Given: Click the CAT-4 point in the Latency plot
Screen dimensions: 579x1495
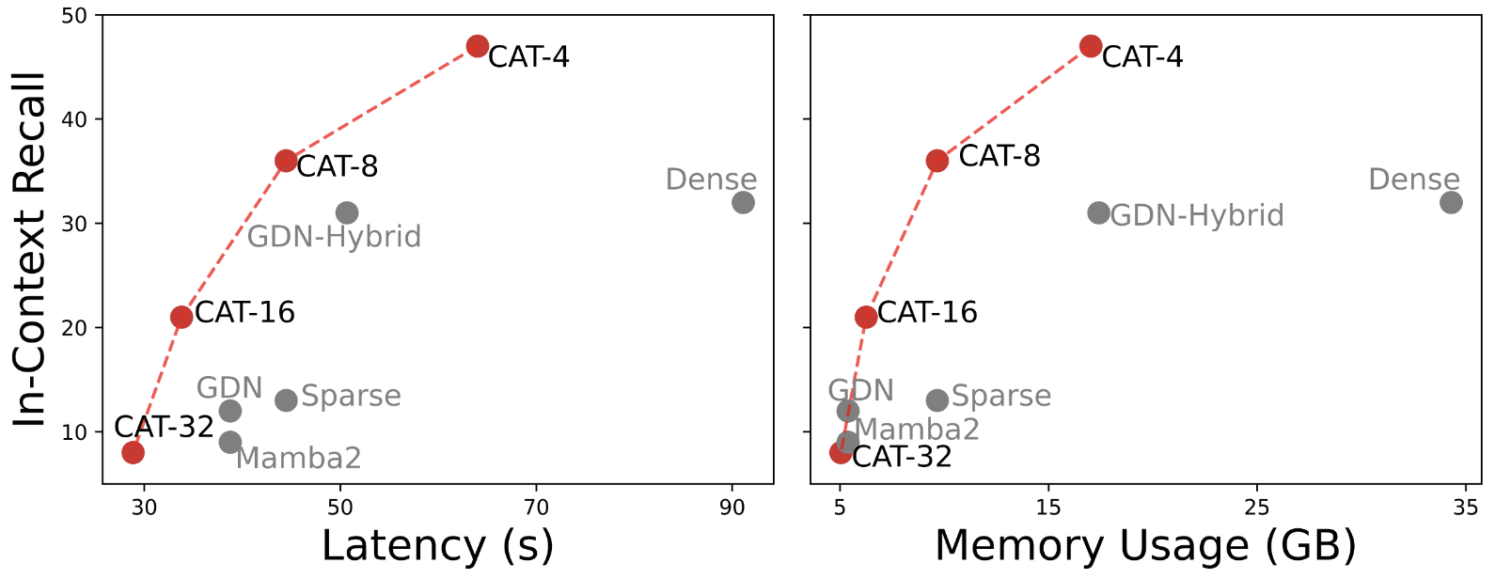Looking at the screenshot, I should click(x=478, y=46).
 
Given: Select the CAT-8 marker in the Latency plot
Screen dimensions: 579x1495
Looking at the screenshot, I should click(x=286, y=161).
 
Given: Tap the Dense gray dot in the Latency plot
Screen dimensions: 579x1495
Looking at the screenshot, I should click(x=743, y=202).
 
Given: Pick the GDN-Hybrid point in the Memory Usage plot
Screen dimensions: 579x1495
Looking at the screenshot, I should click(x=1098, y=213).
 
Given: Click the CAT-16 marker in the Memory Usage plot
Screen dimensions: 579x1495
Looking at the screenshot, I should click(x=866, y=317).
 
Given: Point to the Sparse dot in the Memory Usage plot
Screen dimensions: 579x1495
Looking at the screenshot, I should click(x=937, y=400).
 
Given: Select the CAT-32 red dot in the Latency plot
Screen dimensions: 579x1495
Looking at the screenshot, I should click(x=134, y=452).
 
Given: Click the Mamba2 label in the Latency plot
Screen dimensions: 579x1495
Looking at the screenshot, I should click(x=298, y=458).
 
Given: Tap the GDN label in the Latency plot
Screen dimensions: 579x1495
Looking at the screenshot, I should click(x=228, y=387).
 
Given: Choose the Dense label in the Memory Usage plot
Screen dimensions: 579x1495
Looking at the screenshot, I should click(x=1413, y=179).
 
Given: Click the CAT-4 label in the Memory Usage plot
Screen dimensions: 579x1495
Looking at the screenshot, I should click(x=1141, y=57).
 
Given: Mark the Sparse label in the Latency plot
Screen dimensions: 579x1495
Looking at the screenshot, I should click(x=351, y=396).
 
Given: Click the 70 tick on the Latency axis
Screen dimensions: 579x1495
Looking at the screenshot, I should click(x=536, y=508).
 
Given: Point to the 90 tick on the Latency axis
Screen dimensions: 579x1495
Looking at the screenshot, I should click(x=732, y=508).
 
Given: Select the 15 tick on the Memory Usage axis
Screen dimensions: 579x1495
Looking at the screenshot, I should click(x=1048, y=508).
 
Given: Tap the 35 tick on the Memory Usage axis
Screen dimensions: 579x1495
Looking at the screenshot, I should click(x=1465, y=508).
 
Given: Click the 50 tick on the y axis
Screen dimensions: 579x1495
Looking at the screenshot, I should click(x=74, y=16).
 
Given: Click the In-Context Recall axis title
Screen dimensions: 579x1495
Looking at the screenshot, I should click(x=30, y=249).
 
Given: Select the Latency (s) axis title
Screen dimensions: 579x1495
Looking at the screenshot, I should click(x=437, y=546).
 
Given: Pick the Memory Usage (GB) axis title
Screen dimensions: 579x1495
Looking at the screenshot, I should click(x=1145, y=546).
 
